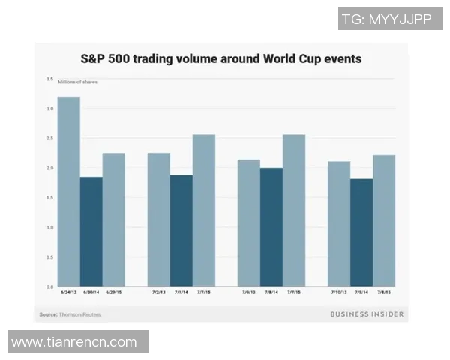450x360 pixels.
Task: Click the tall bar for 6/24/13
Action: pos(69,191)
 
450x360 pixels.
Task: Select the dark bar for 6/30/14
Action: pos(91,232)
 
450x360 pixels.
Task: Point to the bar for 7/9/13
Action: pos(248,223)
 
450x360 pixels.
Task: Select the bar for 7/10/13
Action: pos(338,224)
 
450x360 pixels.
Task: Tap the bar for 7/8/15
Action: pos(383,220)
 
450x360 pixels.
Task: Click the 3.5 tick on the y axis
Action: pos(49,79)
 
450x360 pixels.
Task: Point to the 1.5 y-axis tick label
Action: pos(49,197)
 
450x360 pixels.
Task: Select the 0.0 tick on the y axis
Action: pos(49,286)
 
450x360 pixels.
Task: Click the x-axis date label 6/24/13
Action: pos(69,293)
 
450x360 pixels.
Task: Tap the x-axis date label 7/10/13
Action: pos(338,293)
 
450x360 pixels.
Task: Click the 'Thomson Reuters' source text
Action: pos(82,313)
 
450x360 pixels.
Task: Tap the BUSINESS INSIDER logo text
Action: pos(367,313)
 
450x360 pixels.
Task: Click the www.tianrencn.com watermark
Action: pos(74,342)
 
